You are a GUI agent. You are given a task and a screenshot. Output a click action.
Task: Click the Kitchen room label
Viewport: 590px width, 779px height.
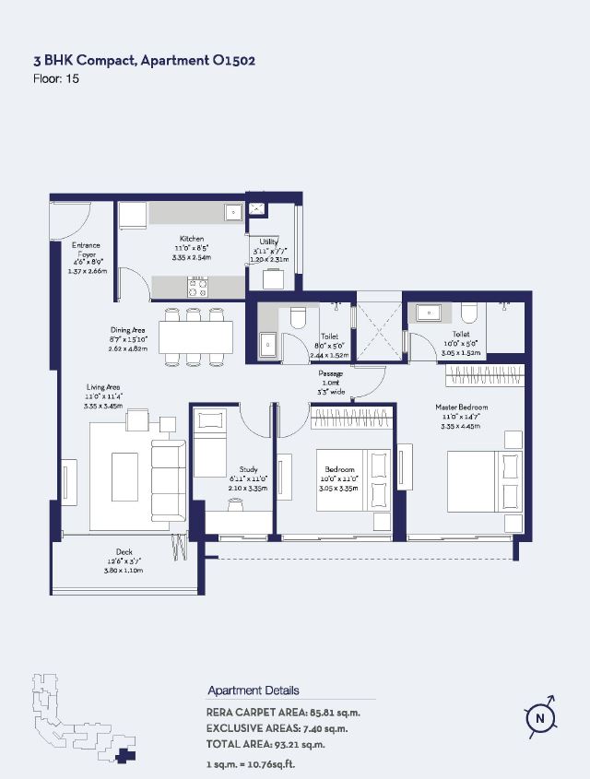(x=192, y=239)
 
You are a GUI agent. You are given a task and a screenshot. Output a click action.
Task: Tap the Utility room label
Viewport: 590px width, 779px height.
(x=269, y=242)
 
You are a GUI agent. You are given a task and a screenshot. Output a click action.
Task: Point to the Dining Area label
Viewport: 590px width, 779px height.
(x=127, y=329)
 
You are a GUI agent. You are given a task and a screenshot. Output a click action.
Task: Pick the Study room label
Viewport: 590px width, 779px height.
(x=248, y=468)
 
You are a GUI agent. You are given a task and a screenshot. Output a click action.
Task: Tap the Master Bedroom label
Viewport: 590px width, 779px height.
(x=462, y=407)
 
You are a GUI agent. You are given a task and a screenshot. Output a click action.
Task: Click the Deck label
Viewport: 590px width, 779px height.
(x=124, y=552)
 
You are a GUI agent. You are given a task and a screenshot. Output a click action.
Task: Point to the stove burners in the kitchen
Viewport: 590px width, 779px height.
(x=198, y=287)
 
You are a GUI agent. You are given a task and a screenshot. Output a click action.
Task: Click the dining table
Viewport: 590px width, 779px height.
(x=195, y=336)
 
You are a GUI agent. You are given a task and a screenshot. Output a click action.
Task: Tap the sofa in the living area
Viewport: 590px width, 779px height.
(x=168, y=479)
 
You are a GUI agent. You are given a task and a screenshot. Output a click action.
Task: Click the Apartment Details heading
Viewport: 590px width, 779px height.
(x=254, y=690)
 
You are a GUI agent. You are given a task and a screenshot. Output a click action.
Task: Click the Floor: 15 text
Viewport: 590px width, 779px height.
(x=56, y=79)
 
